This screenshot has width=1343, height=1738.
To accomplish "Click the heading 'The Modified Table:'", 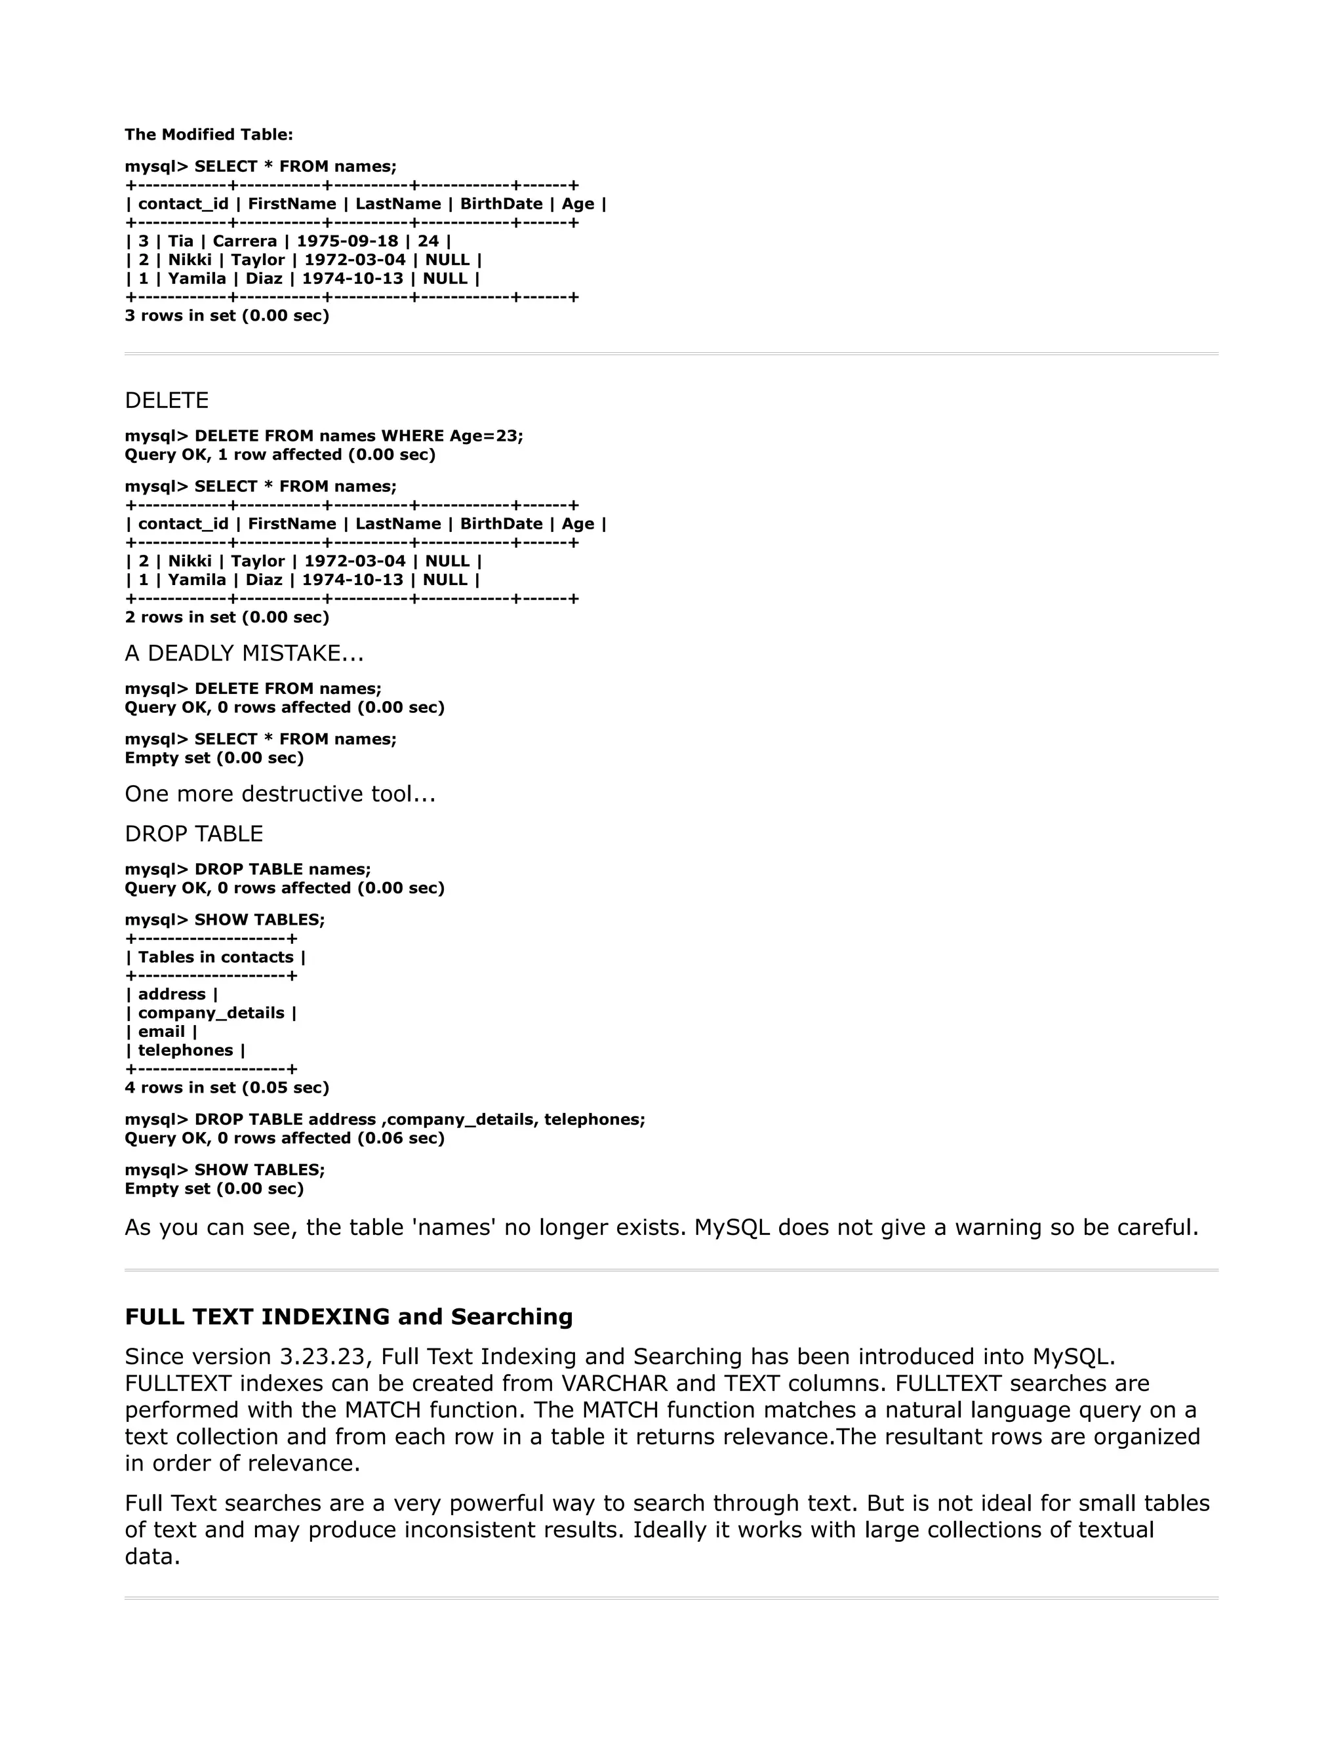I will [209, 134].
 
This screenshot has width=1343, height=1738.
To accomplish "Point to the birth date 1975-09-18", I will [347, 241].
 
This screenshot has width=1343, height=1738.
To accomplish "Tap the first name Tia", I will [180, 241].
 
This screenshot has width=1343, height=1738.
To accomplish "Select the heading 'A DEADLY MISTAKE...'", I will [243, 653].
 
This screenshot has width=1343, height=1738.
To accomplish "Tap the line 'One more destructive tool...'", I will [280, 794].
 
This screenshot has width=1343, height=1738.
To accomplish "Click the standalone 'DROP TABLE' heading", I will [193, 834].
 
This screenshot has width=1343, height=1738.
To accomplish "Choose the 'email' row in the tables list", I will [161, 1032].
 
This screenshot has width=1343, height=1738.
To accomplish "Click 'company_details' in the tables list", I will [211, 1013].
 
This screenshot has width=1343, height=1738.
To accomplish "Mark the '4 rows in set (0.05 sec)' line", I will [227, 1088].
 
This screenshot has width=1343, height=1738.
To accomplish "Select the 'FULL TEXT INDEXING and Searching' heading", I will [348, 1317].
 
